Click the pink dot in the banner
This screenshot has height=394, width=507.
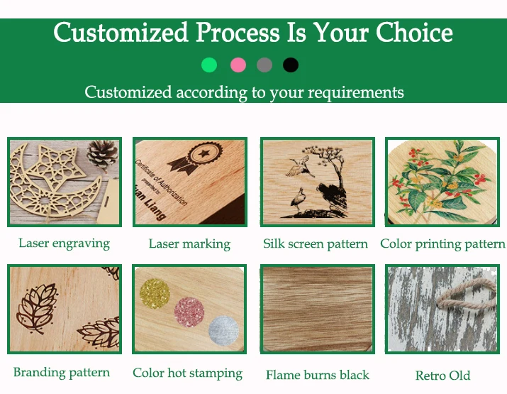coord(238,65)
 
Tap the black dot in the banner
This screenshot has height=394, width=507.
coord(290,65)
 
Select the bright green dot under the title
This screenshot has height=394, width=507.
coord(209,65)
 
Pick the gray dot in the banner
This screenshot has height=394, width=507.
coord(264,65)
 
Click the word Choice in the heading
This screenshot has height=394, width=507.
coord(414,33)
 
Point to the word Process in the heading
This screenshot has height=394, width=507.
coord(238,33)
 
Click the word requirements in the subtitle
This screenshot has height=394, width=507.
coord(356,93)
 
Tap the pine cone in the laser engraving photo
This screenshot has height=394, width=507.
coord(102,154)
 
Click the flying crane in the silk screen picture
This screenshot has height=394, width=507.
coord(299,165)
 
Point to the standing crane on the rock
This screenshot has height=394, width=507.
coord(298,200)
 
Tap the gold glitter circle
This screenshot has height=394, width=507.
coord(155,294)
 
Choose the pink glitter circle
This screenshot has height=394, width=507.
coord(189,312)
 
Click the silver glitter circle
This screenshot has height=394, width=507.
coord(224,331)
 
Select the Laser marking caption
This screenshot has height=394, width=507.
coord(189,243)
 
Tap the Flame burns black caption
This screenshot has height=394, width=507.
coord(318,375)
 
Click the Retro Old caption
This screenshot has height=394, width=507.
coord(442,376)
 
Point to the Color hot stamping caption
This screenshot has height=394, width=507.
coord(187,373)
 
